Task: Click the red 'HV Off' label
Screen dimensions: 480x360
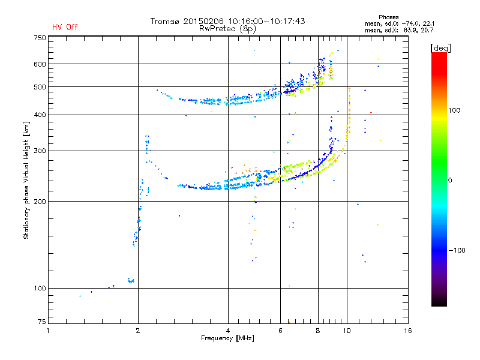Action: (65, 27)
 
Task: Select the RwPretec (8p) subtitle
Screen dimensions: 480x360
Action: (227, 29)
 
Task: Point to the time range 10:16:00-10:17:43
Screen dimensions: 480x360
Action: (266, 21)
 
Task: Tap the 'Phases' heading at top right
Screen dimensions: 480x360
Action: (388, 17)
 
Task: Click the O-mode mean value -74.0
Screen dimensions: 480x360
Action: (410, 23)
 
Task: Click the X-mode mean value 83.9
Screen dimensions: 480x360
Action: (412, 30)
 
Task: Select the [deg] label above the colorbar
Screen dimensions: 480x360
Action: (440, 48)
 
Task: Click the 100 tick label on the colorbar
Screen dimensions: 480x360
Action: (454, 110)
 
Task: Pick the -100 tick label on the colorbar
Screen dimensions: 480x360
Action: (457, 250)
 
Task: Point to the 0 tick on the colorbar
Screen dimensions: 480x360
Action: (450, 180)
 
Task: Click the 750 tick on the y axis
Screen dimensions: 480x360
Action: (40, 38)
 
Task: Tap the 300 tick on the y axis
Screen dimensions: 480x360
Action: (40, 151)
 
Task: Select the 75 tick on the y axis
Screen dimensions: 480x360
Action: (42, 322)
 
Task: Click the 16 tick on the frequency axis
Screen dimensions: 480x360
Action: (408, 331)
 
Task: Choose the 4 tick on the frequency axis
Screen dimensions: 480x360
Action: (228, 331)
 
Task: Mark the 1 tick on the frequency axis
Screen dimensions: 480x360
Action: (48, 331)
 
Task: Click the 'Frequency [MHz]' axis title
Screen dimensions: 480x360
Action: (227, 338)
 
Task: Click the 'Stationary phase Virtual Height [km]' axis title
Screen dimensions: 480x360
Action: (26, 181)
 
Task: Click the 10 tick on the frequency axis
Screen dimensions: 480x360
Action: (347, 331)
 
